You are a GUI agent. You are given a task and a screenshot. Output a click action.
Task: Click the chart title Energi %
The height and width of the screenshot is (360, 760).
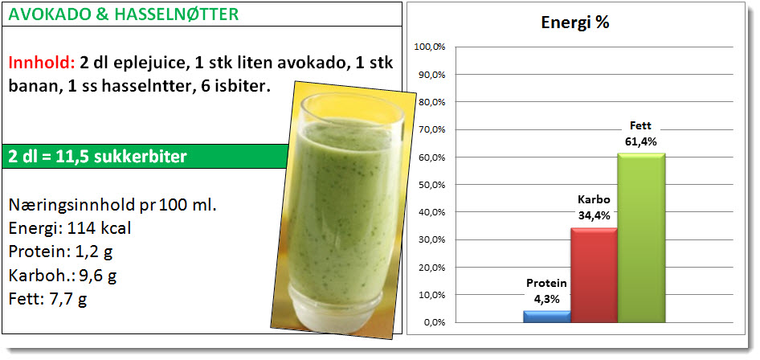575,22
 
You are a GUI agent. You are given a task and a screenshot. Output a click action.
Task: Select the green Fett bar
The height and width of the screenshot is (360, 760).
641,237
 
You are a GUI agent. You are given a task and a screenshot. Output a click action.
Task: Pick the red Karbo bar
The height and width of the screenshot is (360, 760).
594,275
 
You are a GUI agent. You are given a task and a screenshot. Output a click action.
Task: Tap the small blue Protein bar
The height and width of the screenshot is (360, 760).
547,317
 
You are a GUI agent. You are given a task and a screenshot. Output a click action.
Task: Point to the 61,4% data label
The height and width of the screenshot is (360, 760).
641,142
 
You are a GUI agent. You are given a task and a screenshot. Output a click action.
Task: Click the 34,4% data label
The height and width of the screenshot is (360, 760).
594,215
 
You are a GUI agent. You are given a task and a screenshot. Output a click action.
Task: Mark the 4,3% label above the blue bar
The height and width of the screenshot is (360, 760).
547,300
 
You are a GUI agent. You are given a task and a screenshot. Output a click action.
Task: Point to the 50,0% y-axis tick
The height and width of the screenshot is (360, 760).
431,185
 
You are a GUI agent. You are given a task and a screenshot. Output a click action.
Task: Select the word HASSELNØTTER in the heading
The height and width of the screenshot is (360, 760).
177,14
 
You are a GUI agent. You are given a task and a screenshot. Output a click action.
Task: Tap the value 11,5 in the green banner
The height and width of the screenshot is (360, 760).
68,157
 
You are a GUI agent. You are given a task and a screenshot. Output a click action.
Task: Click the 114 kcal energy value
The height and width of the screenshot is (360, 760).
97,227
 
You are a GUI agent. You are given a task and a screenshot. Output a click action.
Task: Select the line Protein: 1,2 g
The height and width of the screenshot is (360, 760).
60,252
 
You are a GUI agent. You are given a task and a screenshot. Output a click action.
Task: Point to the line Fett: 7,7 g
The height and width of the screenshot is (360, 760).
47,300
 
